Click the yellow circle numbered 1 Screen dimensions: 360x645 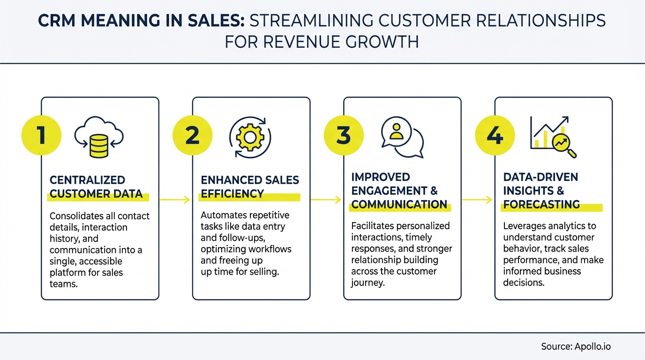pyautogui.click(x=41, y=136)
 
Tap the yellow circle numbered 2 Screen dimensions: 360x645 pyautogui.click(x=193, y=136)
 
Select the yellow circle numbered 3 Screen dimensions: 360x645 pyautogui.click(x=344, y=136)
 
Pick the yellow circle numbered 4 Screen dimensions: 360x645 pyautogui.click(x=495, y=136)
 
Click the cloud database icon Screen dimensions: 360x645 pyautogui.click(x=99, y=136)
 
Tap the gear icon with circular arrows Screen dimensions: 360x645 pyautogui.click(x=250, y=136)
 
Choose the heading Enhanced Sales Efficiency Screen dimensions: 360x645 pyautogui.click(x=250, y=187)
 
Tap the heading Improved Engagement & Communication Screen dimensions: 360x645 pyautogui.click(x=399, y=190)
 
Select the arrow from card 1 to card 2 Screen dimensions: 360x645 pyautogui.click(x=174, y=200)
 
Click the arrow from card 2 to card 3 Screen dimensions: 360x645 pyautogui.click(x=326, y=200)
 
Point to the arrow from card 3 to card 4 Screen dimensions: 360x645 pyautogui.click(x=477, y=200)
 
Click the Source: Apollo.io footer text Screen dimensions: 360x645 pyautogui.click(x=576, y=347)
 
